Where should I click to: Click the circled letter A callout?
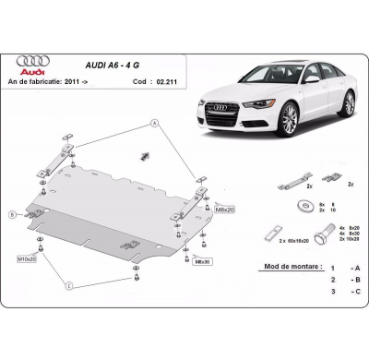click(x=154, y=123)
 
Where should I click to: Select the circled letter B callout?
click(x=13, y=213)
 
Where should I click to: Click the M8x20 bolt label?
click(x=225, y=210)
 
